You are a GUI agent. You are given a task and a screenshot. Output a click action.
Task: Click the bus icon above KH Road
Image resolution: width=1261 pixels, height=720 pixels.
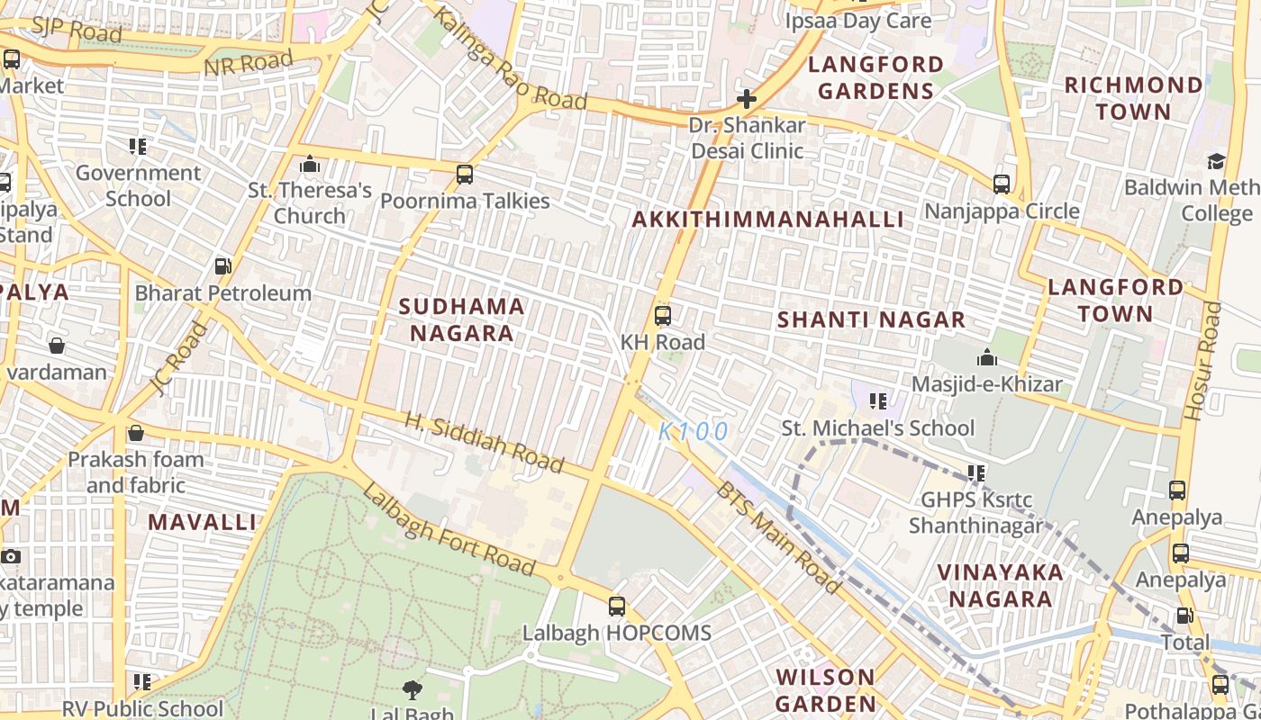(663, 316)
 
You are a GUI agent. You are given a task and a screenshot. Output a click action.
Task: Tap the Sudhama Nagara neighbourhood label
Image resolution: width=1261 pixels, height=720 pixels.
(461, 319)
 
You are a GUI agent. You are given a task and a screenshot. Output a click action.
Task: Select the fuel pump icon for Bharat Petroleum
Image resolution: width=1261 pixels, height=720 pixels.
(222, 266)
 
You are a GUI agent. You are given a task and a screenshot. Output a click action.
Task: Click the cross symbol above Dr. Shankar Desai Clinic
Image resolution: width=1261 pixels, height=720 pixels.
(746, 98)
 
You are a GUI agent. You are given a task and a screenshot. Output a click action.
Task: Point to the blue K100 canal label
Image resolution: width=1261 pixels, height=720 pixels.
(693, 432)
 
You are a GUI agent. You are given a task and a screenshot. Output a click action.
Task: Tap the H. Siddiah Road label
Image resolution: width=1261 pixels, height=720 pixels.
(484, 443)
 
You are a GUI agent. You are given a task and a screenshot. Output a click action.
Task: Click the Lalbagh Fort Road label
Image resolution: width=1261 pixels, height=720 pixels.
(449, 529)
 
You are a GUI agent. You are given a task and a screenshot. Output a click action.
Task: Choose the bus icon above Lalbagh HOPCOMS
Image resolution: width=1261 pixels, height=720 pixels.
(617, 607)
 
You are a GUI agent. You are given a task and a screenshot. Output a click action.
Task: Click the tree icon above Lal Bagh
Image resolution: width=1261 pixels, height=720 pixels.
(413, 690)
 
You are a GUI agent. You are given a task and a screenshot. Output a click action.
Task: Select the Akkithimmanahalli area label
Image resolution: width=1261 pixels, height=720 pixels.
(767, 220)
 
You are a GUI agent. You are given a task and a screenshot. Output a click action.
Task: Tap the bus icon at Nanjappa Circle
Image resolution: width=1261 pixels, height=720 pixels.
(1002, 184)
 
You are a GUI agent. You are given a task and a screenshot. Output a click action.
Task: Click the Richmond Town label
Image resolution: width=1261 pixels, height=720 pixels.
(1133, 98)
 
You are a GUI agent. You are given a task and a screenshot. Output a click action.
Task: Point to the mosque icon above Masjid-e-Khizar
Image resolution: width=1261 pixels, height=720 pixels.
(987, 358)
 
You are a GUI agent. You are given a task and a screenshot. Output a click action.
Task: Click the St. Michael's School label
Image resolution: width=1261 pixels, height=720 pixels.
(877, 428)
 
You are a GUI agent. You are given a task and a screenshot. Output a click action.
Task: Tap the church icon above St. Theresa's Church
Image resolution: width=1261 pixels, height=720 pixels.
(310, 165)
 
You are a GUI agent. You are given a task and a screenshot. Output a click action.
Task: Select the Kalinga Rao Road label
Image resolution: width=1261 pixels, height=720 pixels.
(510, 58)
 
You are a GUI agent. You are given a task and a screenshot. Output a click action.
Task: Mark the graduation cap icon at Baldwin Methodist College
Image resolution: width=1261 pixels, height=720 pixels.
(1216, 162)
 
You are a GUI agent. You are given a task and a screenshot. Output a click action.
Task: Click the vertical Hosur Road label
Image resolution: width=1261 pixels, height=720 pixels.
(1204, 361)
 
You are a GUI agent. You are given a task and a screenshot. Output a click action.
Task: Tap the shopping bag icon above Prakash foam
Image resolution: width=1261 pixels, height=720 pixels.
(136, 434)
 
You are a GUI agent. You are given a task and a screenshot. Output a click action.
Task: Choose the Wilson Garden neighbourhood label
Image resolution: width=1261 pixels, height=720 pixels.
(825, 689)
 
